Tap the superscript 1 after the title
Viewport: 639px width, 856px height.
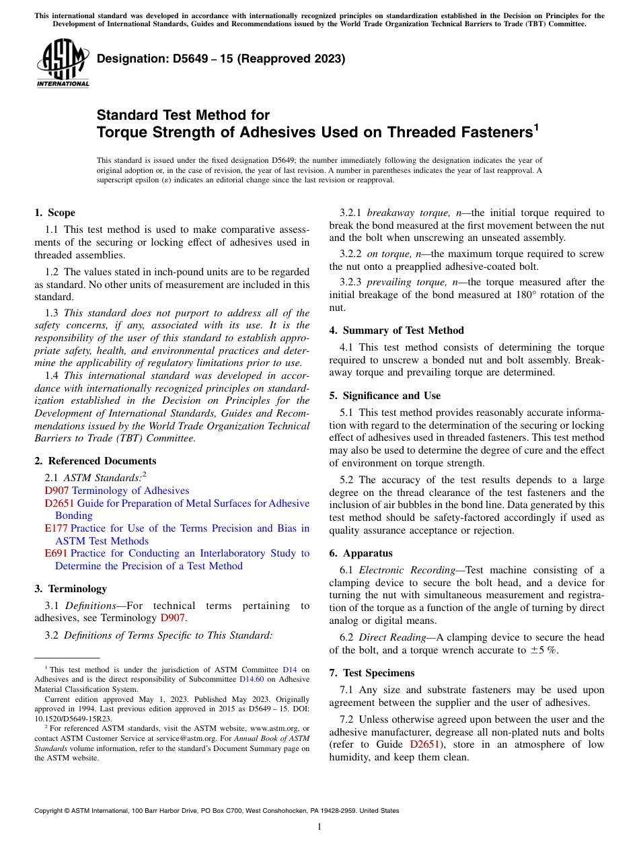pyautogui.click(x=536, y=127)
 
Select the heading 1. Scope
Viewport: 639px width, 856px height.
pyautogui.click(x=55, y=213)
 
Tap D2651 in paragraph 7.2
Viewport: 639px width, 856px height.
pyautogui.click(x=424, y=744)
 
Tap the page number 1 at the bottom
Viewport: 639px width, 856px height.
pyautogui.click(x=319, y=827)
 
